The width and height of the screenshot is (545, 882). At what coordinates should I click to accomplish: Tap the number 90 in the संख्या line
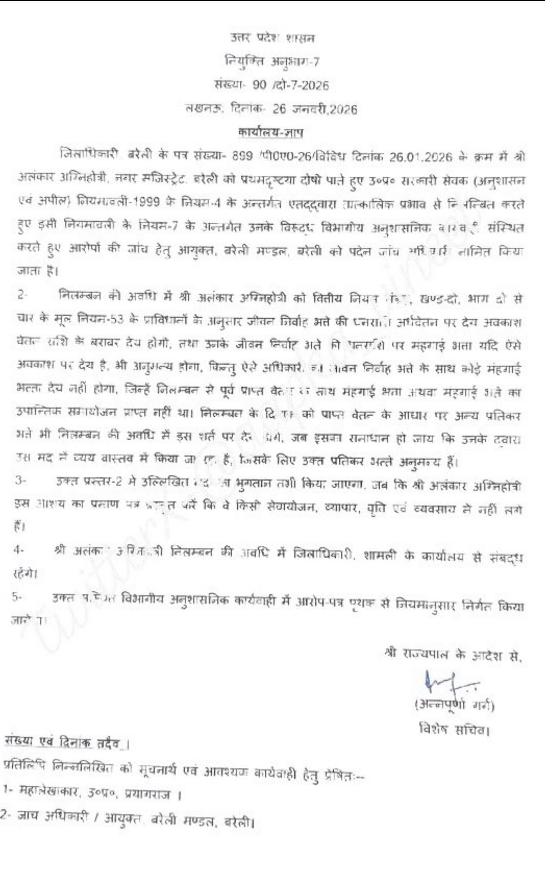[x=259, y=85]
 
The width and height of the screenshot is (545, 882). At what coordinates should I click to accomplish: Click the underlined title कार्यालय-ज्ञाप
[x=271, y=132]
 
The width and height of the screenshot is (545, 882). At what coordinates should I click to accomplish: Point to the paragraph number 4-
[x=18, y=550]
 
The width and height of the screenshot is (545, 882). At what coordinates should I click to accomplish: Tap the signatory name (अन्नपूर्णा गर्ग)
[x=454, y=705]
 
